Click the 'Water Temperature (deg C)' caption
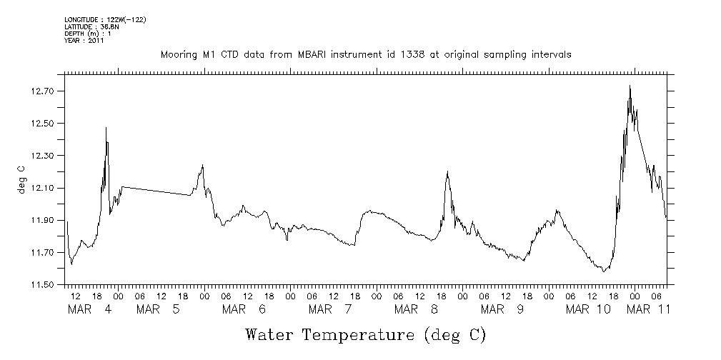pos(366,334)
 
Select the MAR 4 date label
pos(89,309)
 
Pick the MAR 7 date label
pos(330,309)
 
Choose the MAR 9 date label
pos(502,309)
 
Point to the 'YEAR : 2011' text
pos(84,41)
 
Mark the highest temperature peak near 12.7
pos(630,86)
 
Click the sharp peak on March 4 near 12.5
pos(106,128)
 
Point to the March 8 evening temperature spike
pos(447,171)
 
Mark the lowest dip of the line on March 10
pos(604,271)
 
